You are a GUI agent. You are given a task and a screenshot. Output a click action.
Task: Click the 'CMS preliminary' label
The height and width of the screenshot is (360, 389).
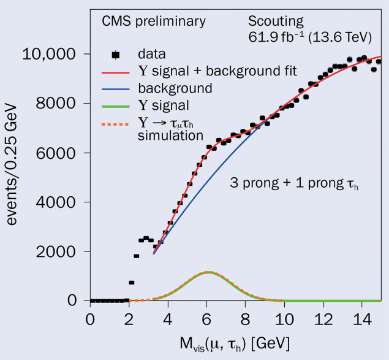(154, 21)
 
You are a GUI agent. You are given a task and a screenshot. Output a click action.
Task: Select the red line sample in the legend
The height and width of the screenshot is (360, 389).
(116, 72)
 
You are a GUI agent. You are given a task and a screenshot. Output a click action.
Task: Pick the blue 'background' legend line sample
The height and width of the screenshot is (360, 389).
(116, 88)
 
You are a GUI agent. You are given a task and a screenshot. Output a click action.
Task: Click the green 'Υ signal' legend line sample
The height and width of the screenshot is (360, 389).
(116, 105)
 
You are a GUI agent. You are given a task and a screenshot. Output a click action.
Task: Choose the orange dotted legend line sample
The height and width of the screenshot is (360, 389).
(116, 121)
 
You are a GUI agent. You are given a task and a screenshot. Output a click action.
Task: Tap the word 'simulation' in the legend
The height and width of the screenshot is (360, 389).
(168, 134)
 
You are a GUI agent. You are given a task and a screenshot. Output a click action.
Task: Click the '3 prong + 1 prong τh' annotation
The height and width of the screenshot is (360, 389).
(293, 183)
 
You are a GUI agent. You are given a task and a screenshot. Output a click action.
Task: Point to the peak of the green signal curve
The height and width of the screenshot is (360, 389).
(208, 272)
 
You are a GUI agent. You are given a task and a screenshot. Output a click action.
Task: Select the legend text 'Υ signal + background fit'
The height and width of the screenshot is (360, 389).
(217, 72)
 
